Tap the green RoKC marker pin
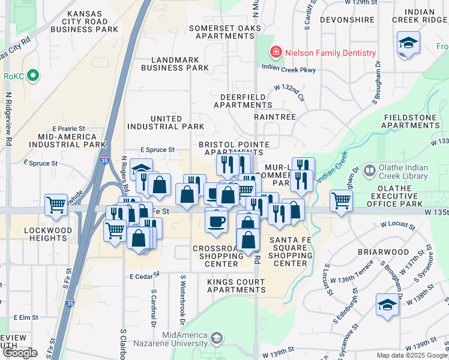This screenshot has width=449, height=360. point(33,76)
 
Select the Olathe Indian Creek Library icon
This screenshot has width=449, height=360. point(369,172)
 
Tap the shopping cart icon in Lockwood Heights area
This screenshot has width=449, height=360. point(56,205)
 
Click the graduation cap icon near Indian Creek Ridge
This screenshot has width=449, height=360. point(408,43)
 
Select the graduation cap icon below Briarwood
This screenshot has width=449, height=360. point(387,305)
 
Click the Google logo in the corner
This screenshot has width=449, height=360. point(20,353)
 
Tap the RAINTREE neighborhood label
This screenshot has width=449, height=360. point(275,117)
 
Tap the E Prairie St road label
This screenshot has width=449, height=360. point(69,128)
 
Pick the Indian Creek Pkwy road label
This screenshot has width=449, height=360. point(288,70)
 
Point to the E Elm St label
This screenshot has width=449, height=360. point(25,317)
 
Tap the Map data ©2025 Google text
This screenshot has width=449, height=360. point(411,355)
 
